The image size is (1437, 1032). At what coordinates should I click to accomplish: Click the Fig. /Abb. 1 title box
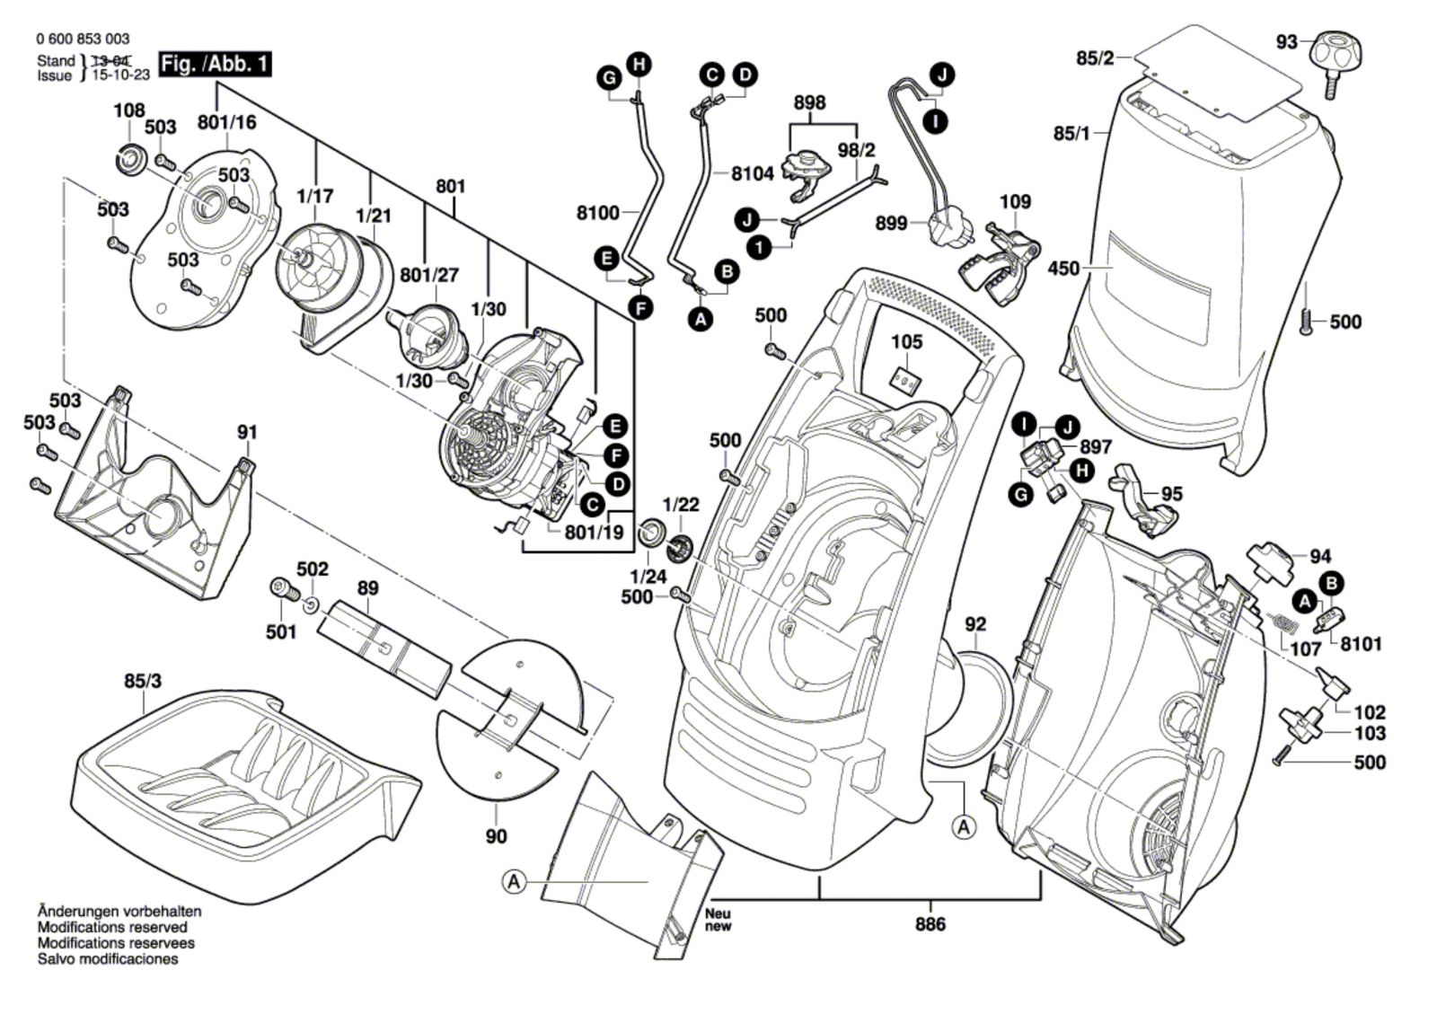(215, 65)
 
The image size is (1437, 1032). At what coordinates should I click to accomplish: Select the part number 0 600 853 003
(83, 39)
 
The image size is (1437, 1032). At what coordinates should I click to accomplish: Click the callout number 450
(1063, 269)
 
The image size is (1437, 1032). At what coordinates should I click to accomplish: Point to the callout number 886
(930, 924)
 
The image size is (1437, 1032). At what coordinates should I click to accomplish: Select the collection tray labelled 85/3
(242, 772)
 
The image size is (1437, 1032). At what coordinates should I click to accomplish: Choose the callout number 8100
(597, 213)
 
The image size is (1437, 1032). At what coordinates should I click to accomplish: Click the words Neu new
(718, 920)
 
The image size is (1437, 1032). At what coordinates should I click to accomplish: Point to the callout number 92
(975, 623)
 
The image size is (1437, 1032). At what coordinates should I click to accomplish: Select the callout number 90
(496, 836)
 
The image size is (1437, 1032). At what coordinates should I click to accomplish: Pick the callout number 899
(891, 223)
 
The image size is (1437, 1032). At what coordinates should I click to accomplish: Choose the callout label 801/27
(429, 275)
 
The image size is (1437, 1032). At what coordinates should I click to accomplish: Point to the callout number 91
(247, 432)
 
